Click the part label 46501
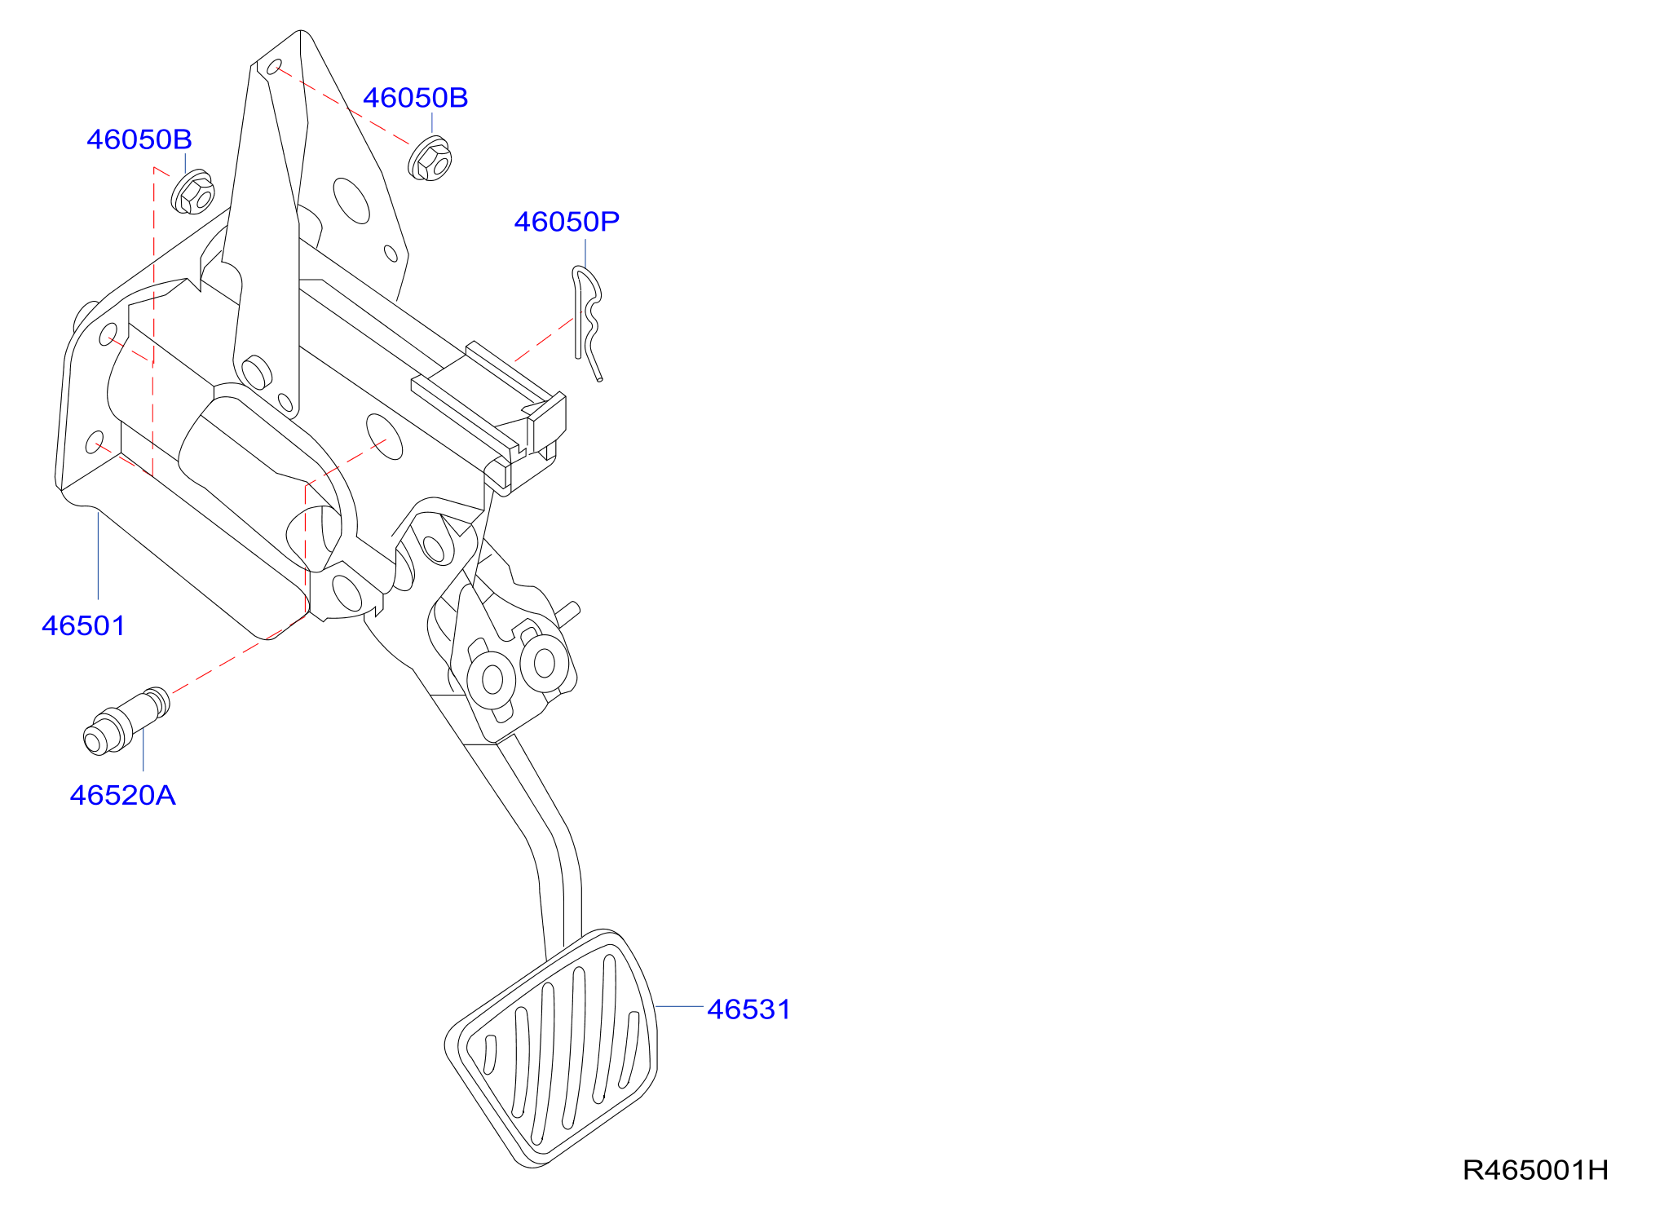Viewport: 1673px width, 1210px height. [83, 626]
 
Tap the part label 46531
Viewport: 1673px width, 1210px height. [748, 1009]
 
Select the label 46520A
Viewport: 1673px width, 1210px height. [122, 795]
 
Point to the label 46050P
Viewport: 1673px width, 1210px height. [567, 221]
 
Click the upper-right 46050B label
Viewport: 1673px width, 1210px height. [415, 98]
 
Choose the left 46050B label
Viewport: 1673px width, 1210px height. [139, 139]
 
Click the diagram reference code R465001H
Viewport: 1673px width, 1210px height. [1535, 1170]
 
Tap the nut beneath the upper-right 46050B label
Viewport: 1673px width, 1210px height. [430, 159]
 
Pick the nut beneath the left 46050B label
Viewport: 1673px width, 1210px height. [192, 192]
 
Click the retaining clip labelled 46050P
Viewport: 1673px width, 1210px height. [586, 322]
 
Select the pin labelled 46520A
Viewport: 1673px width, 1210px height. [126, 721]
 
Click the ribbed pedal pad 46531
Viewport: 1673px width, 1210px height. [552, 1048]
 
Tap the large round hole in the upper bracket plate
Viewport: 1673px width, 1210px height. [351, 201]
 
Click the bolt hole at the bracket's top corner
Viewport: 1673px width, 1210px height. [275, 67]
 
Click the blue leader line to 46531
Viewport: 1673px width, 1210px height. [678, 1007]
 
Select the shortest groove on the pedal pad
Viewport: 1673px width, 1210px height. [490, 1054]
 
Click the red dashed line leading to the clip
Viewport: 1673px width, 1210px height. [544, 339]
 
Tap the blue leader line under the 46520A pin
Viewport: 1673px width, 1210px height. [143, 750]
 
